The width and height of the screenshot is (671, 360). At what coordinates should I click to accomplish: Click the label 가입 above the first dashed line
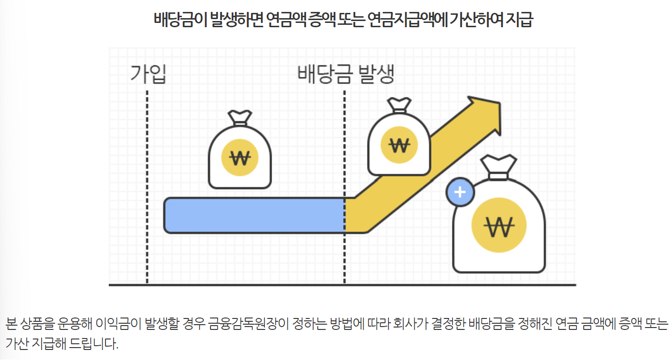click(x=148, y=74)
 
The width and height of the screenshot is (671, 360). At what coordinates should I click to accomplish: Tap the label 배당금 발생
click(x=346, y=74)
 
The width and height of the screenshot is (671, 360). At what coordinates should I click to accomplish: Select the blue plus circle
click(x=460, y=192)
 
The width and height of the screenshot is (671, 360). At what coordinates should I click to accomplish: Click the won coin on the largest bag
click(x=499, y=224)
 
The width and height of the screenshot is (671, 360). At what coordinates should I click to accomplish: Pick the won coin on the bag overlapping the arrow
click(x=399, y=144)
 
